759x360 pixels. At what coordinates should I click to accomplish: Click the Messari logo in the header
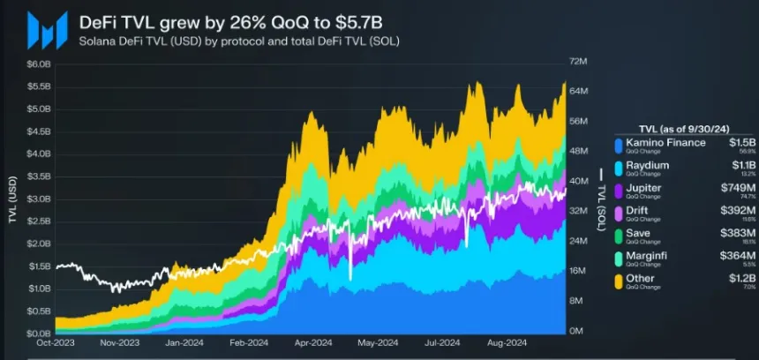(46, 30)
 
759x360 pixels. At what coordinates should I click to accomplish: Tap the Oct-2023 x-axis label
(55, 343)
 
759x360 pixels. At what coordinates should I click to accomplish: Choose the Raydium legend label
(646, 165)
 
